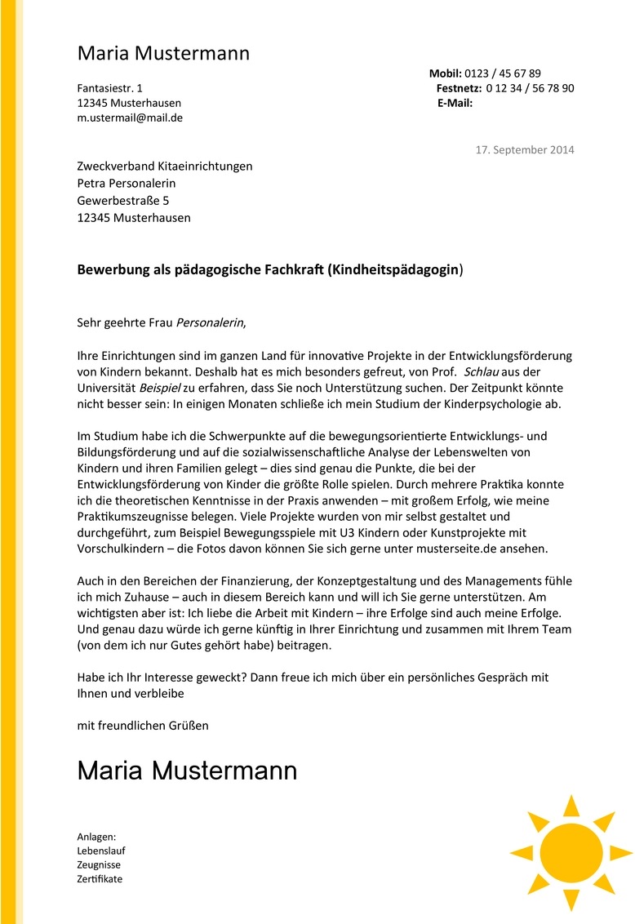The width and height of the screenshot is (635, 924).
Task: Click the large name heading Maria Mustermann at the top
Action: point(163,54)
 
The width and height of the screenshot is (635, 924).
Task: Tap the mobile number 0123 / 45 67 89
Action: point(503,73)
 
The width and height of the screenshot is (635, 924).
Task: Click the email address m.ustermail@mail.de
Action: point(130,118)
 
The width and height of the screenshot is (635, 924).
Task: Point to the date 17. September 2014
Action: point(525,149)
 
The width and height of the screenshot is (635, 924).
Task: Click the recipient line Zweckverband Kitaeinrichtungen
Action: point(165,167)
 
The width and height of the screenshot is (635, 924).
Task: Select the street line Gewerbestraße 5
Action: point(123,201)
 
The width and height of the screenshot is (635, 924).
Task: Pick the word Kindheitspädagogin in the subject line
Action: point(395,270)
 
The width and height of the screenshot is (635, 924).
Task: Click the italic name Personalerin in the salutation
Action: point(210,322)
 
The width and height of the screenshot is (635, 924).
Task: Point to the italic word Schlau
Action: point(481,371)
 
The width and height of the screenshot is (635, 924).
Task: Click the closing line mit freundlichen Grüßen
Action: point(143,725)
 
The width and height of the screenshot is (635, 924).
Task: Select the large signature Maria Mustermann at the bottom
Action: point(187,771)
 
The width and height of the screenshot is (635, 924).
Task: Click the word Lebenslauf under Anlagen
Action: point(101,851)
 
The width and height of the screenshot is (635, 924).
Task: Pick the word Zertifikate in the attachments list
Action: point(100,878)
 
